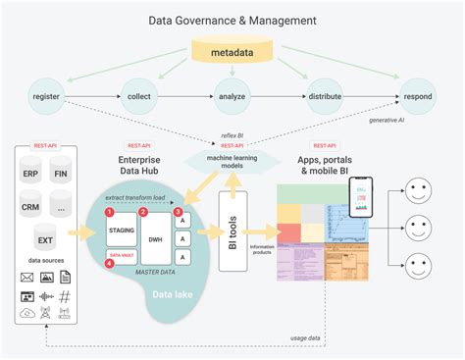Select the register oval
(x=47, y=96)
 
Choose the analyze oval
(x=232, y=96)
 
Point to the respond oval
(x=415, y=96)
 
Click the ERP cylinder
(x=31, y=174)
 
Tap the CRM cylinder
(x=31, y=208)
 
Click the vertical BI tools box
(x=232, y=231)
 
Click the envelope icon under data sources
(x=27, y=279)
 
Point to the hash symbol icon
(x=66, y=296)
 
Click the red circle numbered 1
(x=110, y=212)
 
